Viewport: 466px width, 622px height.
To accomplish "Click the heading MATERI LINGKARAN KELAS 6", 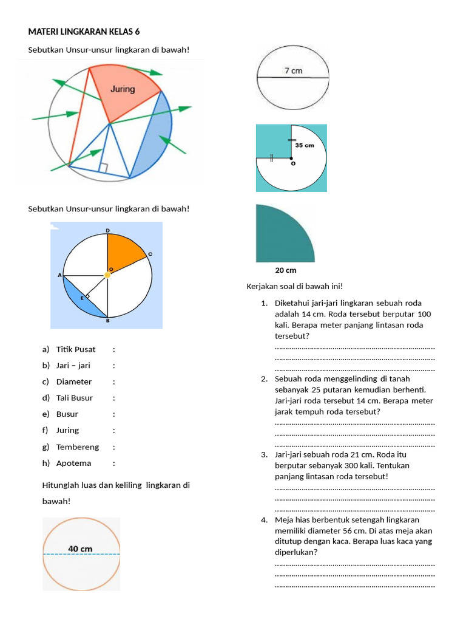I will pyautogui.click(x=88, y=32).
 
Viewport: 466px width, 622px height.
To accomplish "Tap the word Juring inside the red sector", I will pyautogui.click(x=123, y=89).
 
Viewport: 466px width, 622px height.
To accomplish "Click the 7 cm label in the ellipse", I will pyautogui.click(x=293, y=70).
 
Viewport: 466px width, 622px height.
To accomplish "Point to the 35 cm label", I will pyautogui.click(x=305, y=146).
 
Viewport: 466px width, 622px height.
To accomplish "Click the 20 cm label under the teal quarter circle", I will pyautogui.click(x=286, y=270).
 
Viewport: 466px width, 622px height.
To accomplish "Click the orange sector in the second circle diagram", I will pyautogui.click(x=123, y=252).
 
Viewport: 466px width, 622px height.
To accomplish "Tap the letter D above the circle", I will pyautogui.click(x=107, y=231).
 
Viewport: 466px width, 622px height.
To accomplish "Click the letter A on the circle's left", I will pyautogui.click(x=59, y=275).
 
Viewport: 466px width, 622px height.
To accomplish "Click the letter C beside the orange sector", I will pyautogui.click(x=149, y=254).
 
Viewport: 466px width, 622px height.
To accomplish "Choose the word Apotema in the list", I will pyautogui.click(x=73, y=463).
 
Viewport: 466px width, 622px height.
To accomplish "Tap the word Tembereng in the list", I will pyautogui.click(x=77, y=446).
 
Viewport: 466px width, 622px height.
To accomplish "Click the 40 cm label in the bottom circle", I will pyautogui.click(x=80, y=549).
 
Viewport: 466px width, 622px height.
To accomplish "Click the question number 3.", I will pyautogui.click(x=264, y=454).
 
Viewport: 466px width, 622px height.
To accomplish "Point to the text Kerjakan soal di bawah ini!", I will pyautogui.click(x=295, y=286).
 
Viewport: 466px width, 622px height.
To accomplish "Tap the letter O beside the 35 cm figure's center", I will pyautogui.click(x=294, y=163).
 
